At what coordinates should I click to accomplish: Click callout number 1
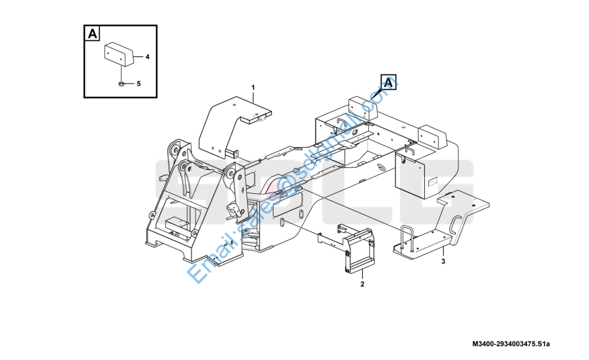pyautogui.click(x=253, y=88)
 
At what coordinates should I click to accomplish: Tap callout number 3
pyautogui.click(x=443, y=261)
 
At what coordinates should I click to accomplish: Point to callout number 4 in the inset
pyautogui.click(x=147, y=57)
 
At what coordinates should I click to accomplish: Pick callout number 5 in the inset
pyautogui.click(x=139, y=83)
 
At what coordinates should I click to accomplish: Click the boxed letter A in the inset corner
pyautogui.click(x=92, y=34)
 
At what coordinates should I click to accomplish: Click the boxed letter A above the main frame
pyautogui.click(x=388, y=83)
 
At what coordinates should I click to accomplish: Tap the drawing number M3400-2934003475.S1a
pyautogui.click(x=510, y=344)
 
